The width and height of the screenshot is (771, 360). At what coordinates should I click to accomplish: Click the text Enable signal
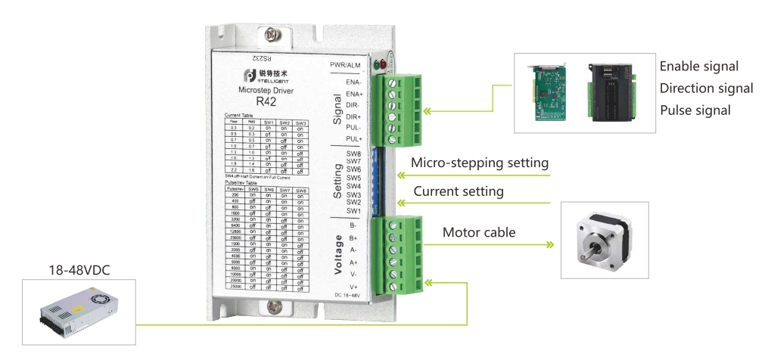(x=698, y=67)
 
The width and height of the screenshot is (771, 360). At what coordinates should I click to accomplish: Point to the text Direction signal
(x=706, y=88)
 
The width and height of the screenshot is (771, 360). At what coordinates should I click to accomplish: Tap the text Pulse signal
(x=695, y=110)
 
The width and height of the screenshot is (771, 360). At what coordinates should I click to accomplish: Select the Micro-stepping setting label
(x=479, y=163)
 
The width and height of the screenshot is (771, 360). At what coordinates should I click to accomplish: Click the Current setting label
(x=458, y=191)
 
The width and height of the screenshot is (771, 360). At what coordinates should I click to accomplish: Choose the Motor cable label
(x=479, y=232)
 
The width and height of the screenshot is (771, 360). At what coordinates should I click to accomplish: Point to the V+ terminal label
(x=353, y=287)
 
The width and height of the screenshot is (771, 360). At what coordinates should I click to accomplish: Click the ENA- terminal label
(x=353, y=82)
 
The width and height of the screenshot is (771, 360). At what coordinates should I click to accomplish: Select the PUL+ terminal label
(x=353, y=139)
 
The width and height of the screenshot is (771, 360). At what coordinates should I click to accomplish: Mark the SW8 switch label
(x=353, y=154)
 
